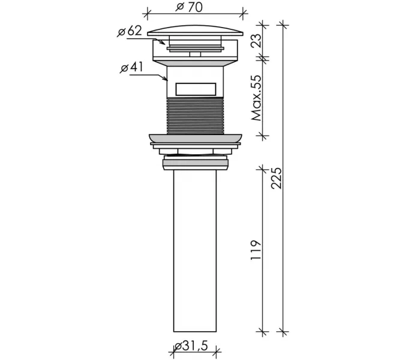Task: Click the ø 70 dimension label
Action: pos(189,7)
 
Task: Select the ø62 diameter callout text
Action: pos(130,31)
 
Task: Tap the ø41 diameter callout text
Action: pos(131,68)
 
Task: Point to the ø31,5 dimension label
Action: pos(191,346)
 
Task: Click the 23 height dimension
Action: pos(256,40)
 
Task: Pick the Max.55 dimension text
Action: pos(256,98)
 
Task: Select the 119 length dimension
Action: pos(256,250)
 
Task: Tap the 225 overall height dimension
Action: pos(277,178)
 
